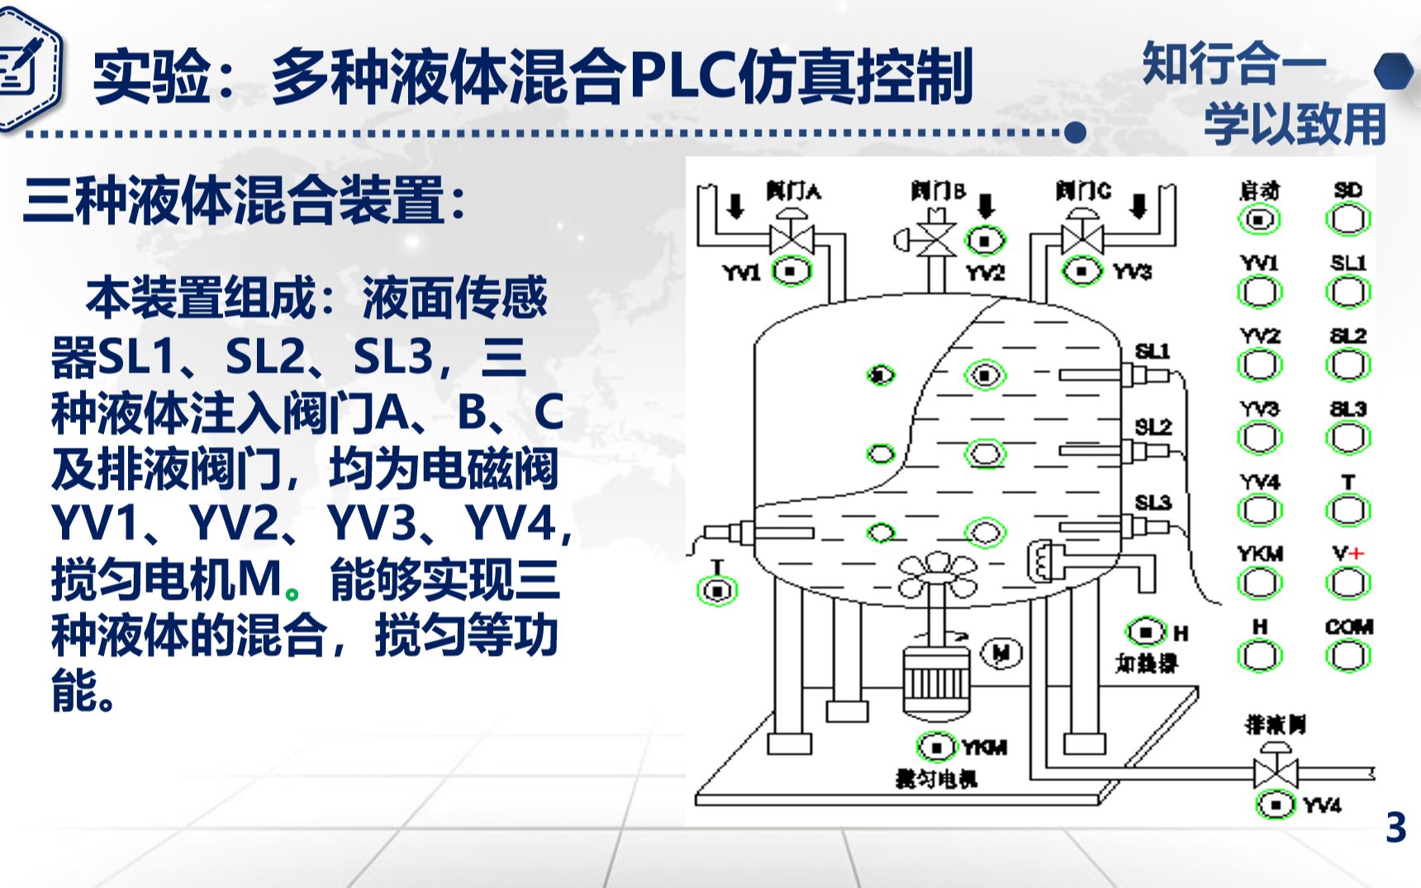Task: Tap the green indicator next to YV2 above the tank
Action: tap(985, 241)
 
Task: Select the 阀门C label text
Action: tap(1083, 192)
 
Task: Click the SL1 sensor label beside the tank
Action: tap(1152, 351)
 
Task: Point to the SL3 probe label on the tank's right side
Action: tap(1152, 502)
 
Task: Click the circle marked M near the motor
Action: tap(1001, 653)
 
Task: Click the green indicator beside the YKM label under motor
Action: tap(936, 747)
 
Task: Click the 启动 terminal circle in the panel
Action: tap(1259, 220)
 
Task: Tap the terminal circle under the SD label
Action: tap(1348, 220)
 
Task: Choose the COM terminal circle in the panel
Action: tap(1348, 657)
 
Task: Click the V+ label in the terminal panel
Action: tap(1348, 553)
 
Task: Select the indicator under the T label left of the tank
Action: tap(717, 591)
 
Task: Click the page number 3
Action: tap(1395, 827)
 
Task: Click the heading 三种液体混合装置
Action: tap(245, 201)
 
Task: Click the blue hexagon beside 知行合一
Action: tap(1395, 71)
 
